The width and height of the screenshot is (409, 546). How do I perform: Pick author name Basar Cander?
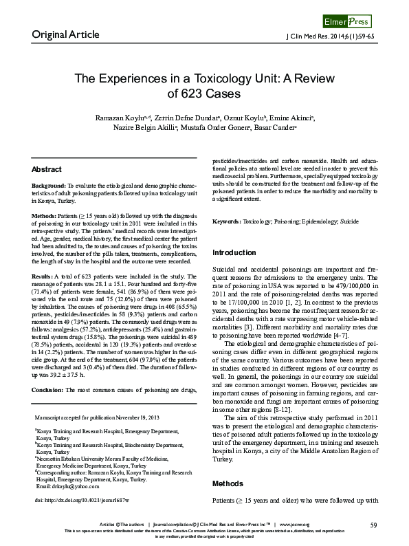pyautogui.click(x=274, y=127)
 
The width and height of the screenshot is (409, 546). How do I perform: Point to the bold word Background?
pyautogui.click(x=49, y=186)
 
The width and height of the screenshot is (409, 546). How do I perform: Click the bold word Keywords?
pyautogui.click(x=228, y=222)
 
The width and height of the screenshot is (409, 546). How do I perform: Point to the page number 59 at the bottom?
pyautogui.click(x=373, y=525)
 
